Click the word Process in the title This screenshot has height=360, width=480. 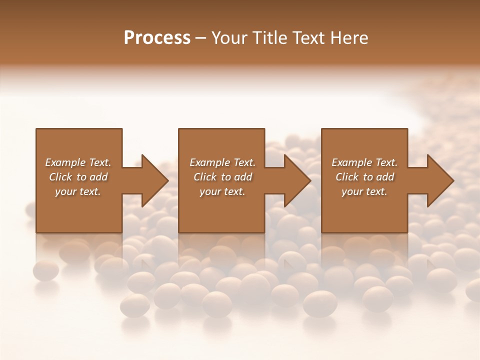[157, 37]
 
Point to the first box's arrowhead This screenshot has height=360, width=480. [155, 180]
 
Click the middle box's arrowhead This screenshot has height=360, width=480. [297, 180]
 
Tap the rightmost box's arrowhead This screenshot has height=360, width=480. [440, 180]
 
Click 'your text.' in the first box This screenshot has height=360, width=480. [78, 191]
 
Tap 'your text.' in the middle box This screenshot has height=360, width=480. [222, 191]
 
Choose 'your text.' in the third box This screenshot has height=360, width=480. [364, 191]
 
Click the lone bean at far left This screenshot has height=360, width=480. [45, 270]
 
